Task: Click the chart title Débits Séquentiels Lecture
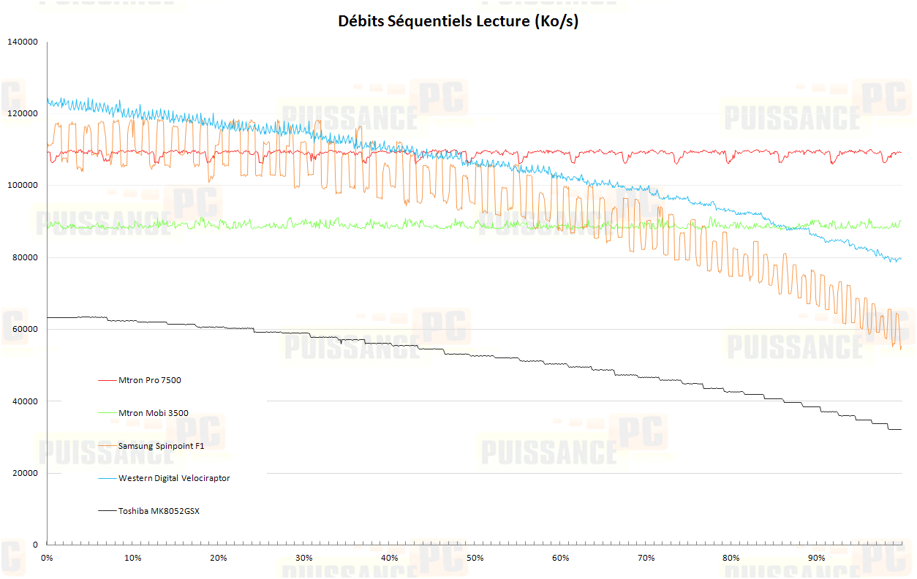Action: tap(458, 21)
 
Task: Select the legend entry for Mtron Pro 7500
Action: tap(150, 380)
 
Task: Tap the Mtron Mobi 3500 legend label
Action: tap(153, 413)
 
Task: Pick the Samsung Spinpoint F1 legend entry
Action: tap(161, 446)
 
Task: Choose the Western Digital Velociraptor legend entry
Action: tap(174, 478)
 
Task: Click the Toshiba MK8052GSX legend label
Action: tap(159, 511)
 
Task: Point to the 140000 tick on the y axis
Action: tap(22, 42)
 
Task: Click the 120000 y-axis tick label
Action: tap(22, 114)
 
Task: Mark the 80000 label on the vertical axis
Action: tap(24, 258)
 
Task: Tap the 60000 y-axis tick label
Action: tap(24, 330)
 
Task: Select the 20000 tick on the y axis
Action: tap(24, 474)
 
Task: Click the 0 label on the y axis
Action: tap(34, 545)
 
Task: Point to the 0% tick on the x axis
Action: tap(47, 559)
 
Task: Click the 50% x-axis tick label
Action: tap(475, 559)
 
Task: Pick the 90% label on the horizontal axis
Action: tap(817, 559)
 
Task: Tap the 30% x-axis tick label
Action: tap(303, 559)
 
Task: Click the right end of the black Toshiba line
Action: tap(901, 429)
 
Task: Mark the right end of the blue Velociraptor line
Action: tap(901, 258)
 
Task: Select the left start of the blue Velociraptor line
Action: tap(48, 102)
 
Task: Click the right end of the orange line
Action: tap(901, 349)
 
